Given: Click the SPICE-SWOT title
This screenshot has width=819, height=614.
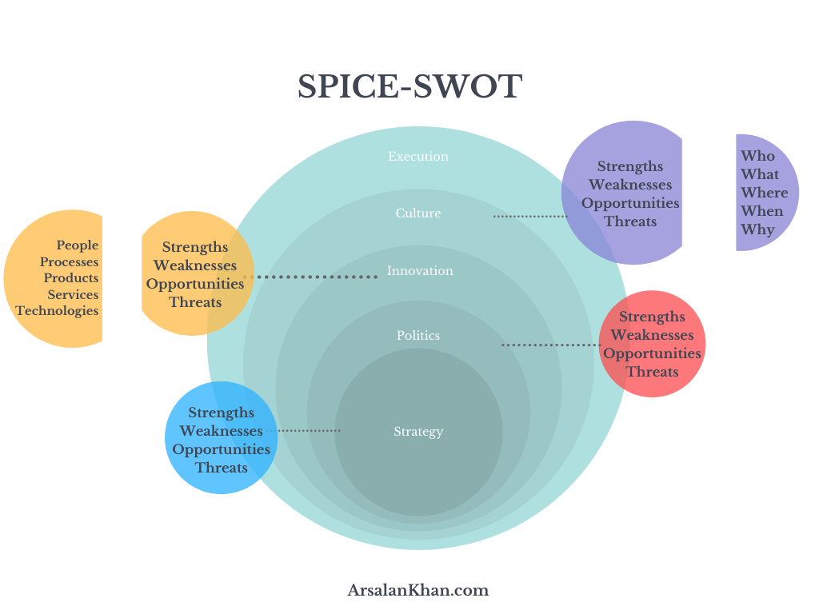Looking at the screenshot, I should click(409, 86).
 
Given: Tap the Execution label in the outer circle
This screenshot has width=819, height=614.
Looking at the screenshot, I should click(418, 157).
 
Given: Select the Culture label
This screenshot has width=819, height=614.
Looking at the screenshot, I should click(418, 213).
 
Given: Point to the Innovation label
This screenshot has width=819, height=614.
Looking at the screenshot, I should click(420, 271).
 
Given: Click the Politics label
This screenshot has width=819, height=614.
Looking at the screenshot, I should click(418, 336).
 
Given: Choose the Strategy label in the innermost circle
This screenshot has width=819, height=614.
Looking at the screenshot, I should click(418, 432).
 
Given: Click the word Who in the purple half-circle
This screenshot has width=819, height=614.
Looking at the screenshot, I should click(757, 156).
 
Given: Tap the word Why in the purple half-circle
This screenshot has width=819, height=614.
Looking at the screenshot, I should click(757, 229).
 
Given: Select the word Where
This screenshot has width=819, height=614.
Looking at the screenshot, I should click(764, 193).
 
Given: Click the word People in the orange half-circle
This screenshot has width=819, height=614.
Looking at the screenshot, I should click(78, 245).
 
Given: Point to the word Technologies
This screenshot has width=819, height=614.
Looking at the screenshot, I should click(57, 311).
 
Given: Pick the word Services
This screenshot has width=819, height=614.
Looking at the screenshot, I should click(73, 294).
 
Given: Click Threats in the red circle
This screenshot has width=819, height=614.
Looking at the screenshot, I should click(652, 372).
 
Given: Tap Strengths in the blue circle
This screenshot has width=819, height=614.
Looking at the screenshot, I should click(222, 413).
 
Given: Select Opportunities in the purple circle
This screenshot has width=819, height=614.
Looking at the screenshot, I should click(630, 203).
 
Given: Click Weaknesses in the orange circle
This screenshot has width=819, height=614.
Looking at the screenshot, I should click(195, 265).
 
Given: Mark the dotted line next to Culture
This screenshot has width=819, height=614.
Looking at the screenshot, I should click(529, 216).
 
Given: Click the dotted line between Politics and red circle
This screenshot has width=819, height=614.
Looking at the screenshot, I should click(550, 345).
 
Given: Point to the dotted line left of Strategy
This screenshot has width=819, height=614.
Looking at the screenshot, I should click(309, 431).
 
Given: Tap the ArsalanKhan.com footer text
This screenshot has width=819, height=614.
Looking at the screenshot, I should click(417, 591).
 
